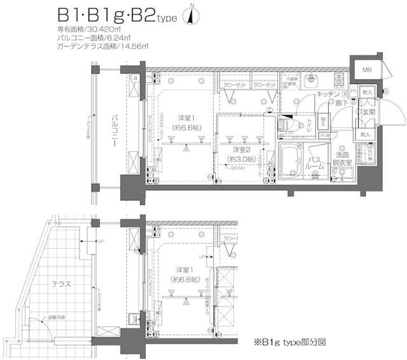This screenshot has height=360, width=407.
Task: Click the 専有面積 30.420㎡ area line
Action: coord(87,30)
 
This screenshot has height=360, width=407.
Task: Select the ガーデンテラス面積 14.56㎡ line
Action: coord(102,46)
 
